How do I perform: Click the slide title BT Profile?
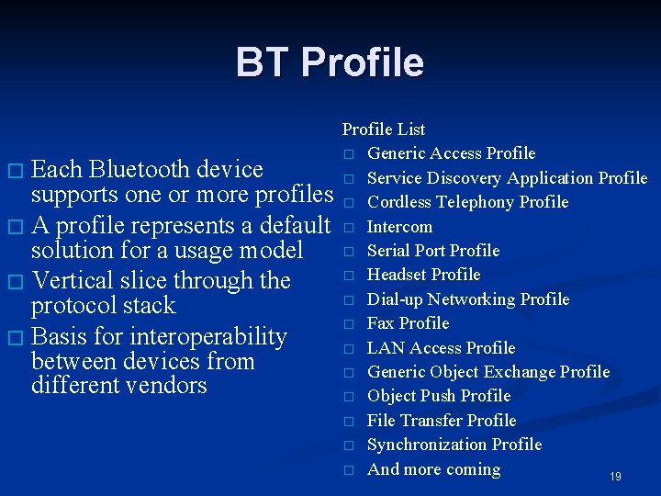coord(330,62)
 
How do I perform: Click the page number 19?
coord(615,477)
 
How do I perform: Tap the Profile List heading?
coord(384,130)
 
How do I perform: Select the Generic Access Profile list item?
coord(451,153)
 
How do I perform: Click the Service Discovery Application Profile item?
coord(507,178)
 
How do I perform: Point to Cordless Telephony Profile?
coord(467,202)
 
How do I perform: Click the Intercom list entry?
coord(399,227)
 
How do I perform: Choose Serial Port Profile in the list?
coord(433,251)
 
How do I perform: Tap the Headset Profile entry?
coord(423,275)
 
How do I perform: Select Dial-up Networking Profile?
coord(468,299)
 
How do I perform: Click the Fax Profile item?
coord(408,323)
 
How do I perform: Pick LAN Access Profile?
coord(441,348)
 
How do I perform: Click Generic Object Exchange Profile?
coord(488,372)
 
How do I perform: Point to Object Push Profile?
coord(439,396)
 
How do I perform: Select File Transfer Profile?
coord(442,421)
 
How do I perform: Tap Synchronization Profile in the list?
coord(454,445)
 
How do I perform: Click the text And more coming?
coord(433,469)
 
